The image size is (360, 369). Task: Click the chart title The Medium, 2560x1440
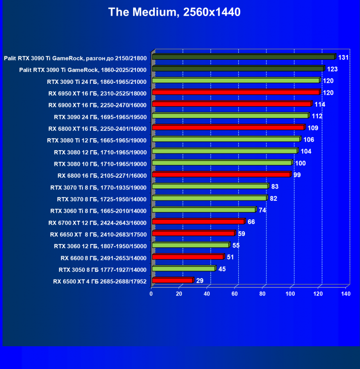tap(174, 12)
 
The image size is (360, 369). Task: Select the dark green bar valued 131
tap(243, 57)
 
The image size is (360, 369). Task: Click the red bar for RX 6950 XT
tap(236, 92)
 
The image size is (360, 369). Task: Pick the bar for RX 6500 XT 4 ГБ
tap(172, 280)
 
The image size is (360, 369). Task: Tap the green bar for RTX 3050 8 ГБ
tap(183, 269)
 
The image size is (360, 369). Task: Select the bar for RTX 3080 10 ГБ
tap(222, 163)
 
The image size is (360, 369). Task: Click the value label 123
tap(332, 69)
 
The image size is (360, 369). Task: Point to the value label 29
tap(200, 280)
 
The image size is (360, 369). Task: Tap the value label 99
tap(297, 175)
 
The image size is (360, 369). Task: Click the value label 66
tap(251, 222)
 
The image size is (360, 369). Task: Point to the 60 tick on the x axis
tap(234, 294)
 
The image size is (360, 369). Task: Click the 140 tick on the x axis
tap(345, 294)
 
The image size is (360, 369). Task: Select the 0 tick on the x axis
tap(151, 294)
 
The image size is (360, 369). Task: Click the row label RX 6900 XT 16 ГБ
tap(98, 105)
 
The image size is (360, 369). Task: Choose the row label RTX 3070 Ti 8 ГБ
tap(98, 187)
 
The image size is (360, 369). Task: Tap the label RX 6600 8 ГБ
tap(103, 258)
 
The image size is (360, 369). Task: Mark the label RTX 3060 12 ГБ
tap(100, 246)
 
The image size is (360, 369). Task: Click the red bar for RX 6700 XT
tap(198, 222)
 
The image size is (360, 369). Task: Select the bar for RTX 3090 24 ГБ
tap(230, 116)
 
